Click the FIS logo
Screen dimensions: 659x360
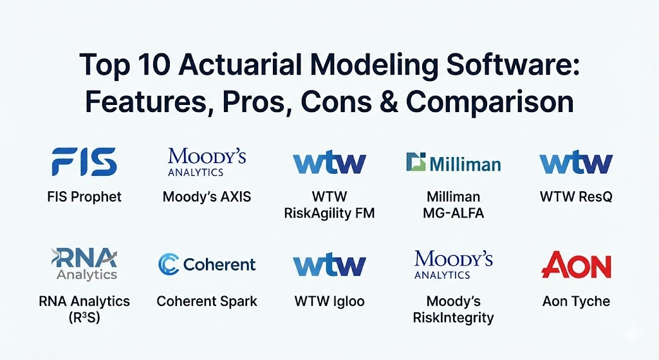84,162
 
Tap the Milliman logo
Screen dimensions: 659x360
454,162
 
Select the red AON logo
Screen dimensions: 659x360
576,265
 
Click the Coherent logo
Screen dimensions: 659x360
207,264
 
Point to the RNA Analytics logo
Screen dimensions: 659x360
84,264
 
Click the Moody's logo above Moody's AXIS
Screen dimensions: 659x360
207,162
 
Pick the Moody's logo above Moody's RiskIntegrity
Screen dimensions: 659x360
454,265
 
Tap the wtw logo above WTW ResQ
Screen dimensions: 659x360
576,162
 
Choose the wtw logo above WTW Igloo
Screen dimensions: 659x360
329,265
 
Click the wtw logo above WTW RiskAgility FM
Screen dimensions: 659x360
329,162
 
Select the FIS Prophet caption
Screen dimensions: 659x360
84,197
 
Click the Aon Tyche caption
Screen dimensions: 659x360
576,301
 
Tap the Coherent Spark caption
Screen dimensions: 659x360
207,301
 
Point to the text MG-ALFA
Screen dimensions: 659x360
454,213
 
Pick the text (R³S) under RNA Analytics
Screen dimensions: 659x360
84,317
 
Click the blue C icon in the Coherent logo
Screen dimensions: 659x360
169,264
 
